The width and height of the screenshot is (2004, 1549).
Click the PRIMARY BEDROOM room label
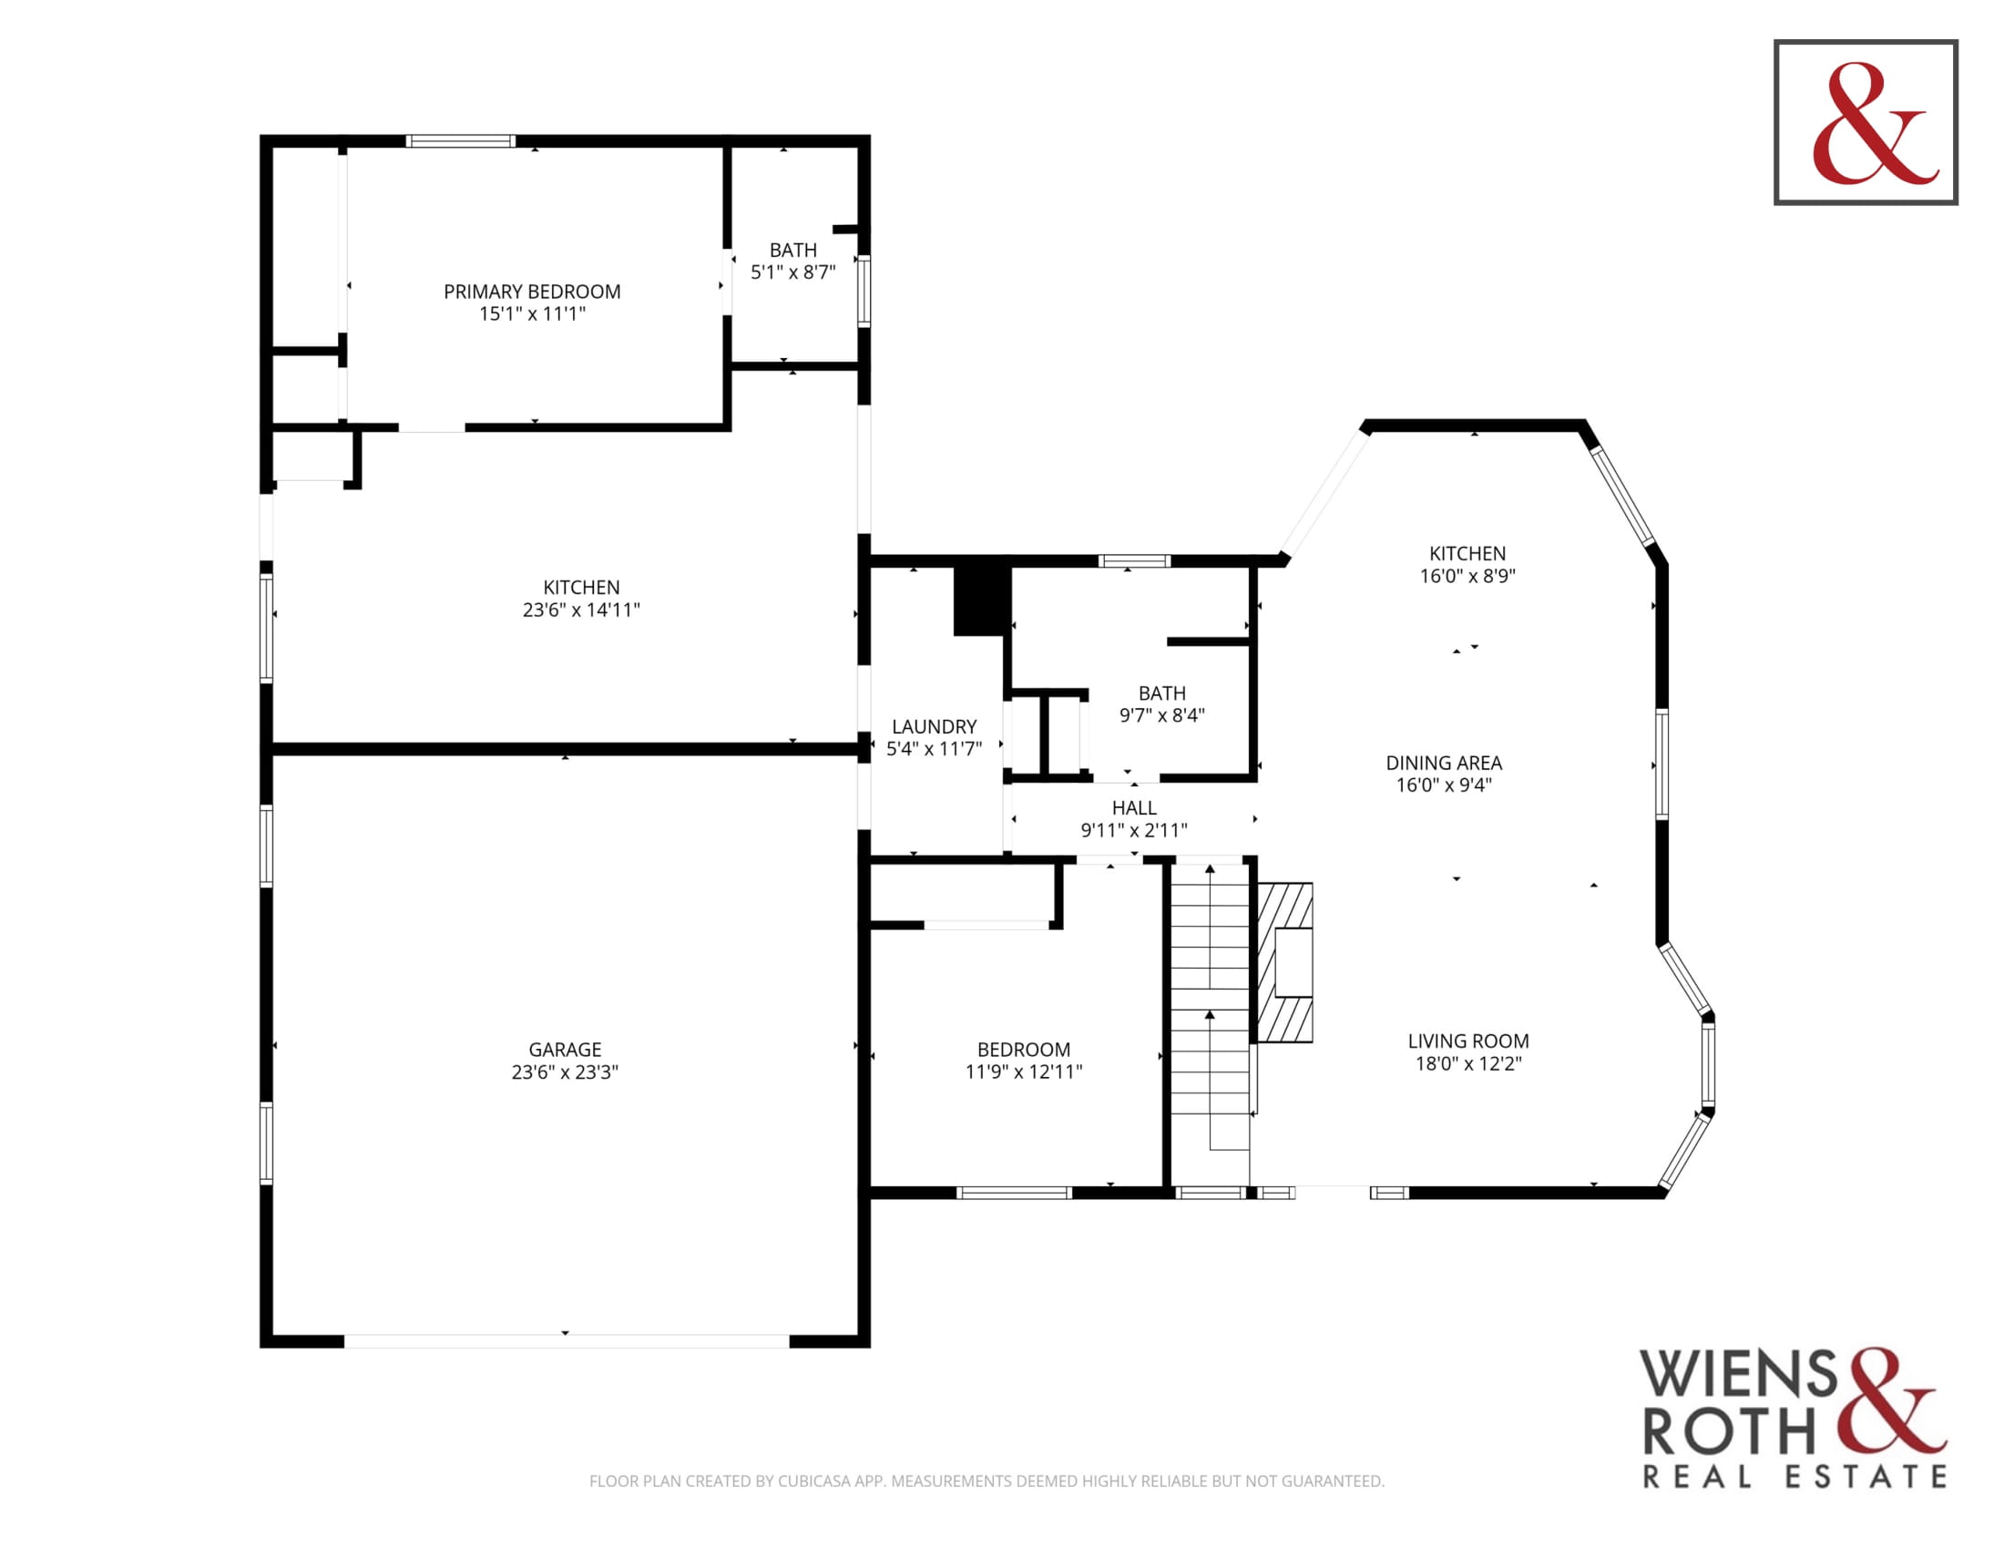532,292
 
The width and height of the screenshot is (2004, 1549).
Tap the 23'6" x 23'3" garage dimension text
566,1072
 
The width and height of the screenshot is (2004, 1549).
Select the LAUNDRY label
934,727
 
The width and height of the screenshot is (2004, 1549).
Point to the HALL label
1134,807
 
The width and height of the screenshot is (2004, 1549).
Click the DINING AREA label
1445,763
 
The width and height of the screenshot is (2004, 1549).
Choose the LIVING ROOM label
1468,1041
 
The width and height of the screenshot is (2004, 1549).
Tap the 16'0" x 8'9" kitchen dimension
1468,576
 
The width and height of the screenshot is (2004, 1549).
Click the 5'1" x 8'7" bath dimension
793,272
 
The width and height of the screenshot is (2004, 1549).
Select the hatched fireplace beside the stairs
1284,962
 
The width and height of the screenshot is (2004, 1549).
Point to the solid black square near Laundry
982,600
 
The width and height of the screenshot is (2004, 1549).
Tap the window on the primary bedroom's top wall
461,141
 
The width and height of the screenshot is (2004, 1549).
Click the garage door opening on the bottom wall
567,1340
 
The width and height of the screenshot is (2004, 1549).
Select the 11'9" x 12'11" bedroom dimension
1024,1072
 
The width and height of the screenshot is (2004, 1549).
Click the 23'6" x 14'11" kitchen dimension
582,610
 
